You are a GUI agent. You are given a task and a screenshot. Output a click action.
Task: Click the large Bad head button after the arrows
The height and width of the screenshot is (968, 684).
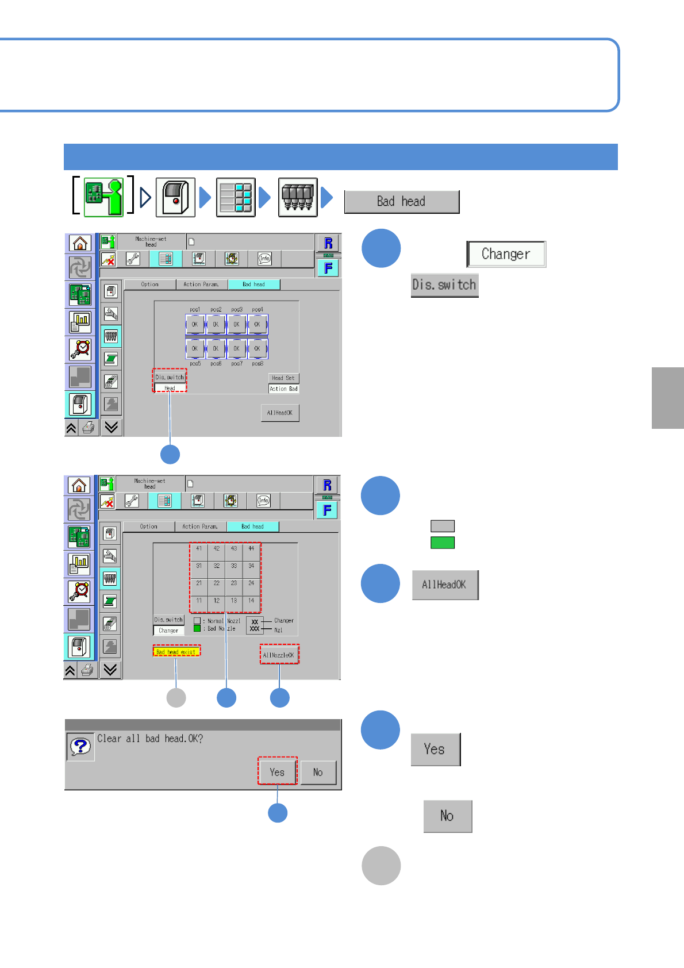tap(401, 202)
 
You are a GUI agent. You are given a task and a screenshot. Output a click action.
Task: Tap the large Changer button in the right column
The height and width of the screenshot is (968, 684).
tap(506, 254)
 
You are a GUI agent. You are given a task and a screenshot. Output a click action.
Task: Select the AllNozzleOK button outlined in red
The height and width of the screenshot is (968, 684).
tap(279, 655)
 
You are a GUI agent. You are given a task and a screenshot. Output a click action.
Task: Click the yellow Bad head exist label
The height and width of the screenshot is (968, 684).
tap(176, 651)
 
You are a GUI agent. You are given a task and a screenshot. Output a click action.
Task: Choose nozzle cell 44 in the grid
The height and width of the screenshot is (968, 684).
tap(251, 549)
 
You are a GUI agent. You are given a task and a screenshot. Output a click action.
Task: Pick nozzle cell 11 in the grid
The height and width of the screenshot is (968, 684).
tap(199, 601)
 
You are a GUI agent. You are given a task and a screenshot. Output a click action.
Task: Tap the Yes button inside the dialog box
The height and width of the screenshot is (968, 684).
tap(277, 772)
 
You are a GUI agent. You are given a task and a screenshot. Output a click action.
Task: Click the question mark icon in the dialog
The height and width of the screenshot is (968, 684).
tap(80, 747)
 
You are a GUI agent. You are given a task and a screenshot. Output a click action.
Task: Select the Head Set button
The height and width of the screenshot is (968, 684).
tap(283, 378)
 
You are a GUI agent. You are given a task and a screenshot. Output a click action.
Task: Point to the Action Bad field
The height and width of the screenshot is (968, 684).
tap(283, 389)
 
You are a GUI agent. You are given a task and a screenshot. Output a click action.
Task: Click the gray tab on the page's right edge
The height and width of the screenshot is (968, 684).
tap(667, 398)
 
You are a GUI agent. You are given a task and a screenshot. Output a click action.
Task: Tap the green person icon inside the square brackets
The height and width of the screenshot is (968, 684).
tap(103, 197)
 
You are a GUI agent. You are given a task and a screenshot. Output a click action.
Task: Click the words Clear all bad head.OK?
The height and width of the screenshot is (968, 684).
tap(150, 739)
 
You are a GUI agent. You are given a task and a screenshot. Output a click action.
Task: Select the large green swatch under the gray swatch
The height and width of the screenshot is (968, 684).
tap(443, 543)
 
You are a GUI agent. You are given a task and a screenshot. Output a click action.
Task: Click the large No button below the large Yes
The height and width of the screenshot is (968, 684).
tap(447, 816)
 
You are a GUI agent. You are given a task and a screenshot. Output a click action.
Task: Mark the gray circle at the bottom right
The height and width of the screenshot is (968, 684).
tap(381, 866)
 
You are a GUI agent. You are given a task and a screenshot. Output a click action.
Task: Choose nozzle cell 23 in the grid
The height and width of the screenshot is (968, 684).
tap(234, 583)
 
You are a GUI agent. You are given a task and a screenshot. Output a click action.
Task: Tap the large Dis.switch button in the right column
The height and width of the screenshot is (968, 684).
tap(444, 285)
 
